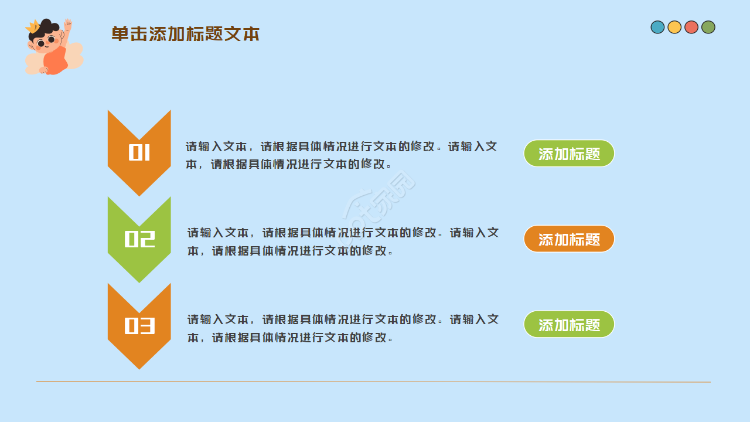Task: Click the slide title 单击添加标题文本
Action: [185, 34]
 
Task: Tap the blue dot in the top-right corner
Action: [657, 27]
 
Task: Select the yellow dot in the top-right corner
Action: [674, 27]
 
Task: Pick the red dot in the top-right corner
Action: [691, 27]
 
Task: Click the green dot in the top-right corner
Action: [708, 27]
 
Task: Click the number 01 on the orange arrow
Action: [139, 152]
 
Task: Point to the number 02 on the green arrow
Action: [139, 239]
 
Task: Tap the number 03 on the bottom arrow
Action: [139, 326]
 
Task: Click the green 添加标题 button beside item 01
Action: [569, 154]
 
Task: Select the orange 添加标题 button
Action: [569, 239]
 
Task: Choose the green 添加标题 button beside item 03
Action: [569, 325]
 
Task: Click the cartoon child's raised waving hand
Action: [68, 25]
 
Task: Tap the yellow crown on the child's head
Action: [32, 26]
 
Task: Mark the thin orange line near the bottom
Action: [373, 382]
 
